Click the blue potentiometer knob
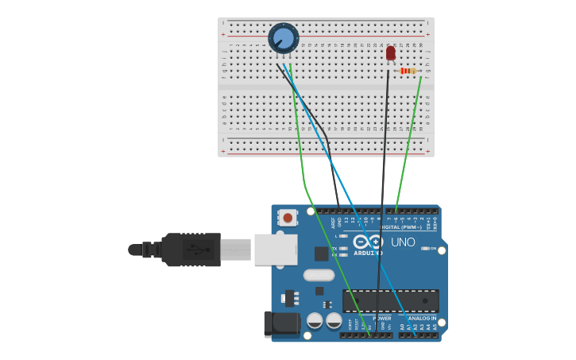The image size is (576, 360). tap(283, 38)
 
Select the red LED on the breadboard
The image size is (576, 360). tap(390, 53)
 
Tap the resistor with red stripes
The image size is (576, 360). tap(408, 71)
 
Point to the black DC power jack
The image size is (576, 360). tap(279, 323)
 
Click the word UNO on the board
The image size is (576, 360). tap(403, 242)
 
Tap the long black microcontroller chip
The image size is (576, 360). tap(390, 300)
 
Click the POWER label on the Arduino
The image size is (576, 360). tap(381, 318)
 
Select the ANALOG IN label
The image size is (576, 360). tap(423, 318)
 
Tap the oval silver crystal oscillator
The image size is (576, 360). tap(319, 275)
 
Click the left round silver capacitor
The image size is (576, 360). tap(315, 320)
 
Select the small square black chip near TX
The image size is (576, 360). tap(321, 254)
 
